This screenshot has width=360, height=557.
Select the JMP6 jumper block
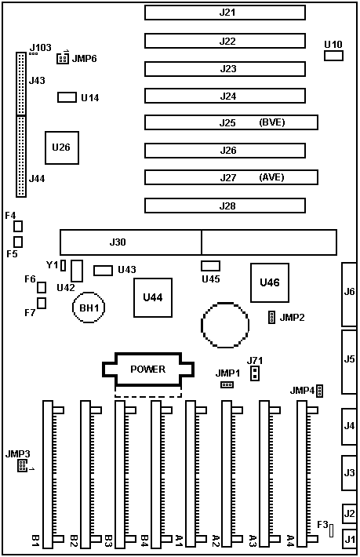tap(63, 58)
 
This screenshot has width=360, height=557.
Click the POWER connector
tap(148, 370)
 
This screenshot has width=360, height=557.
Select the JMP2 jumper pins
tap(271, 317)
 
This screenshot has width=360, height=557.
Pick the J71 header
tap(255, 373)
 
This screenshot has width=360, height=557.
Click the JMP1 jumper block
tap(227, 384)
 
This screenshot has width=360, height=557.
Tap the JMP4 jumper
tap(319, 391)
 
